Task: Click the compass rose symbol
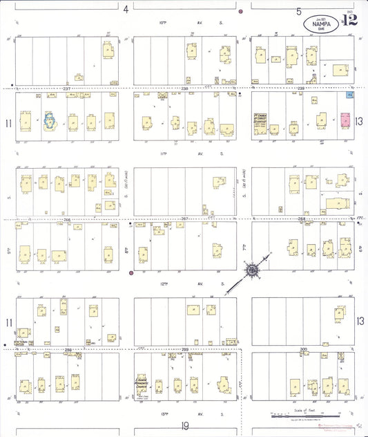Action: [253, 269]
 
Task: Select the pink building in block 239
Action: [346, 119]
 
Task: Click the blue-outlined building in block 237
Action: [50, 120]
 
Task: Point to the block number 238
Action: [185, 89]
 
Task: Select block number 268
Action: [302, 219]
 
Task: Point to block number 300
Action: [302, 350]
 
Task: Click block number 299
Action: [185, 350]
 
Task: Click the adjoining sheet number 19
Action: [185, 427]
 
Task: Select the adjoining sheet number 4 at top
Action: [126, 10]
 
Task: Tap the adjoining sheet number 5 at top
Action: [299, 11]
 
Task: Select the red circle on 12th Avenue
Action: [131, 273]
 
